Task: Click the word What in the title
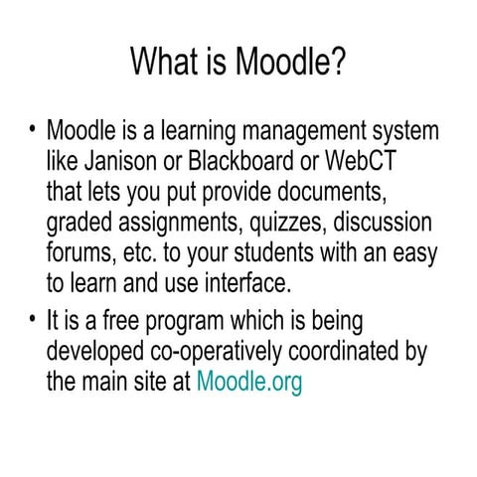[163, 65]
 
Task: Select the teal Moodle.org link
[249, 383]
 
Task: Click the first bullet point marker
[33, 129]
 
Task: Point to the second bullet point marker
[33, 320]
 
